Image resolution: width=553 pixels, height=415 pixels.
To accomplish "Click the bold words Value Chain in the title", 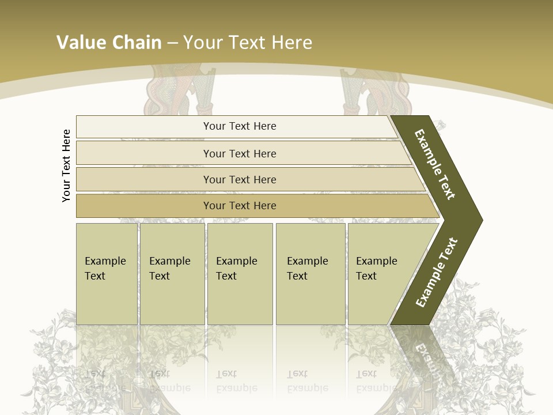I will tap(109, 43).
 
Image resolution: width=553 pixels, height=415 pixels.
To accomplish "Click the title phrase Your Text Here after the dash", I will tap(248, 43).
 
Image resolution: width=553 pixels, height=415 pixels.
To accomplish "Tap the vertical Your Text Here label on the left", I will tap(66, 165).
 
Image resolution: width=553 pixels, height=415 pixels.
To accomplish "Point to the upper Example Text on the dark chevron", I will tap(435, 164).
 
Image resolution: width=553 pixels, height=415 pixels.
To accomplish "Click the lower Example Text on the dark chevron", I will tap(437, 273).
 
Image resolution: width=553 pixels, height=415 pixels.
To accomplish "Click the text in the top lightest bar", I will tap(240, 126).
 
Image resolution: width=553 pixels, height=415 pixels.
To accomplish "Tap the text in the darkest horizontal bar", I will tap(240, 206).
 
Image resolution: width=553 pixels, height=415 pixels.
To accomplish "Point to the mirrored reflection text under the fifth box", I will tap(376, 380).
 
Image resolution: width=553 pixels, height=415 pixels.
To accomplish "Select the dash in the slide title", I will tap(172, 43).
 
